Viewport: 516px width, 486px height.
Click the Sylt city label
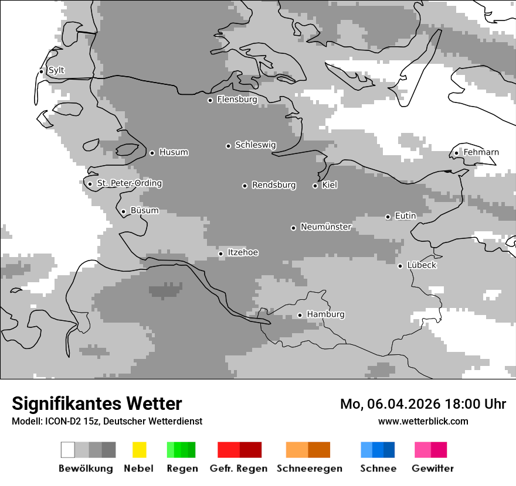[56, 70]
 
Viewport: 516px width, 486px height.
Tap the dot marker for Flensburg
[210, 100]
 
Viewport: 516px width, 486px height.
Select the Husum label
[174, 152]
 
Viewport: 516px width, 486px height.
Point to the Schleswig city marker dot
[228, 146]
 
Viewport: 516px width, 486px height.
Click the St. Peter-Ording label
[129, 183]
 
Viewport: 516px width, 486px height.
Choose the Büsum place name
[144, 211]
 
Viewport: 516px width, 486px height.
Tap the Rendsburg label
[274, 185]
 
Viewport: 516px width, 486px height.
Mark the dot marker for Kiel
[315, 186]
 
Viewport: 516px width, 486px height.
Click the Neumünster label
[326, 227]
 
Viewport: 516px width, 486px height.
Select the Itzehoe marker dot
[220, 254]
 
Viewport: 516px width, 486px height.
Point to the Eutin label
[405, 216]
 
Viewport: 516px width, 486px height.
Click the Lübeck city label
[422, 265]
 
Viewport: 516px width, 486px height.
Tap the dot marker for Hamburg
[300, 315]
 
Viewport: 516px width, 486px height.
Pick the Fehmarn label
[481, 152]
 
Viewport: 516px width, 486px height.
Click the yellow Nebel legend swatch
[139, 450]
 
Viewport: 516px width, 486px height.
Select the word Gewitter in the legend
[433, 468]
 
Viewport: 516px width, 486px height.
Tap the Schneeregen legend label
[310, 468]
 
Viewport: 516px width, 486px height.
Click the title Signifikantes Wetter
[97, 403]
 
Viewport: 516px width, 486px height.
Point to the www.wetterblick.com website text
[423, 421]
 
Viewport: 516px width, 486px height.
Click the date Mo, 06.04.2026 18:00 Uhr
[423, 404]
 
